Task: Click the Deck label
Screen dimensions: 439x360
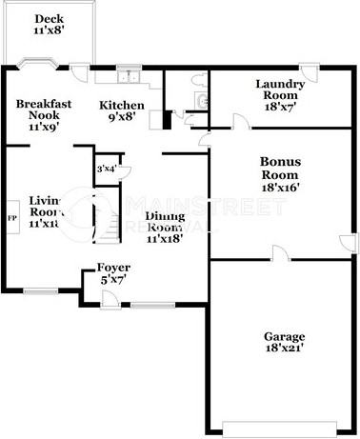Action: tap(46, 19)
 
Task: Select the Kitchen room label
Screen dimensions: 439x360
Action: tap(122, 105)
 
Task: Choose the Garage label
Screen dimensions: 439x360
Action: tap(285, 337)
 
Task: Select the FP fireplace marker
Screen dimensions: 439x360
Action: tap(12, 218)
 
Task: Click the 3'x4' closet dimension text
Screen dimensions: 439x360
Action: tap(106, 170)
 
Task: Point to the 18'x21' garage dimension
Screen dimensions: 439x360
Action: tap(285, 350)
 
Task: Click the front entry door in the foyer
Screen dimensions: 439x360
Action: tap(113, 299)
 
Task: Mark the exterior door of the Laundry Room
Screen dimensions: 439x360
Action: tap(308, 68)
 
